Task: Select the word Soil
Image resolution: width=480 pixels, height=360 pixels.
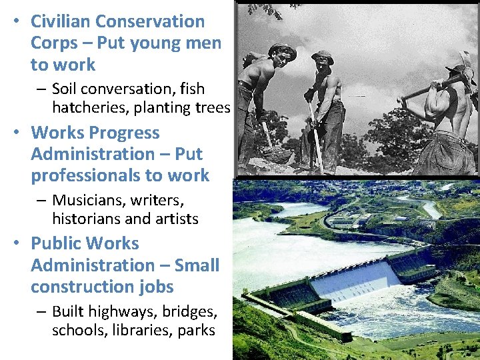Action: [66, 89]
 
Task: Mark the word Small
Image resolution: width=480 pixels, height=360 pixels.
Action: [197, 265]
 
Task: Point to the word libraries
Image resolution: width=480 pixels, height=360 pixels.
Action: [139, 330]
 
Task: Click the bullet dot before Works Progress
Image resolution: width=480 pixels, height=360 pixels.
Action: [15, 133]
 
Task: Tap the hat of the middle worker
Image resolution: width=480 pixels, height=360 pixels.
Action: [323, 56]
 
